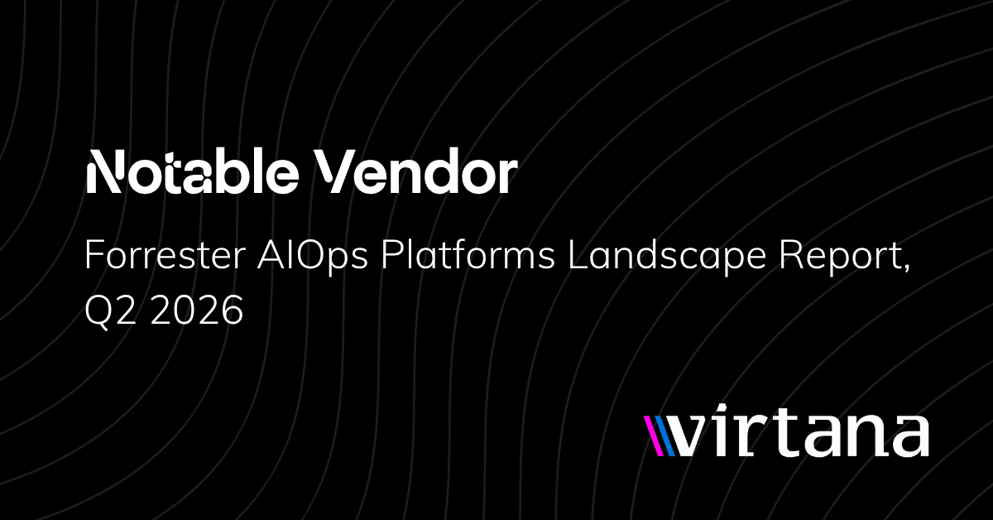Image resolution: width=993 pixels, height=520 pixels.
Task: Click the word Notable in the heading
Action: (192, 171)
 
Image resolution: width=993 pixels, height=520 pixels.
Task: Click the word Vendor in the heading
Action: (415, 171)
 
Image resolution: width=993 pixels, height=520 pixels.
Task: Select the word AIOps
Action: (313, 258)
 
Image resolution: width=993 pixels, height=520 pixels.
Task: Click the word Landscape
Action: (667, 258)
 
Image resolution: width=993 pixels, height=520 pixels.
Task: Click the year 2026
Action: (197, 310)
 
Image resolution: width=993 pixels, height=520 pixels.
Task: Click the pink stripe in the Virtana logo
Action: (654, 436)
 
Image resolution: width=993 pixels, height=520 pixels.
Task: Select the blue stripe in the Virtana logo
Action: (665, 436)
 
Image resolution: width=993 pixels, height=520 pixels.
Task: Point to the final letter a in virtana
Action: (909, 436)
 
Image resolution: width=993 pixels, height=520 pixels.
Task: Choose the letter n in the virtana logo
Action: (862, 436)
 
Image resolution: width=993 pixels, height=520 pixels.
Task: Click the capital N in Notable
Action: (103, 171)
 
